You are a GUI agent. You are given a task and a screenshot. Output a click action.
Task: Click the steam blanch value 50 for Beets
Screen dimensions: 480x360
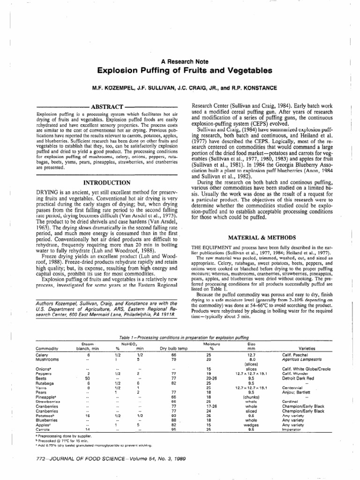88,377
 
